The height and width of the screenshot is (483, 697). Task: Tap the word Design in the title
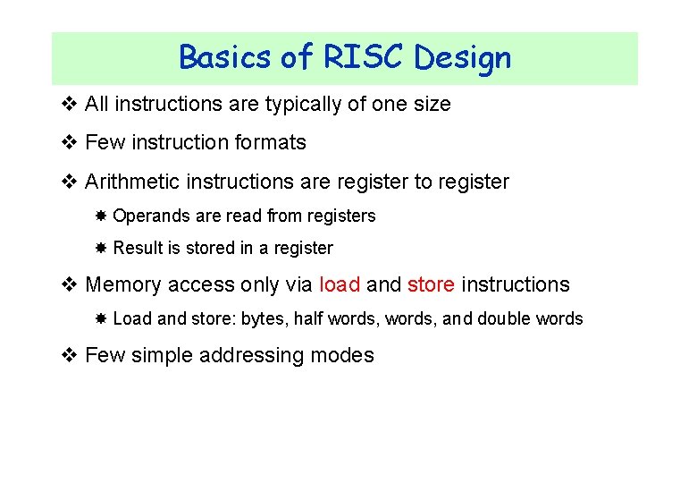tap(463, 57)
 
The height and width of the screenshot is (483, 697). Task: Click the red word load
tap(340, 284)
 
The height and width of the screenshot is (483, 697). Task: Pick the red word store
tap(432, 284)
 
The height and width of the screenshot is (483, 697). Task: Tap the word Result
tap(137, 249)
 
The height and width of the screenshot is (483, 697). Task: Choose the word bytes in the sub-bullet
tap(264, 319)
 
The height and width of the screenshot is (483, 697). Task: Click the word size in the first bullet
tap(433, 104)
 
